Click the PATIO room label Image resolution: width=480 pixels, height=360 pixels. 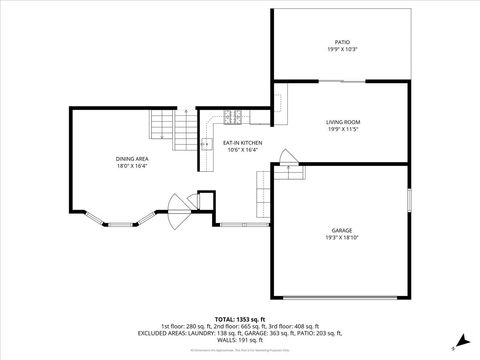coord(342,42)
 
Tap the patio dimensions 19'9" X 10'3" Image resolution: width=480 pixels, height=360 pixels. coord(342,49)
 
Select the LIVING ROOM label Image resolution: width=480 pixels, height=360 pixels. coord(342,122)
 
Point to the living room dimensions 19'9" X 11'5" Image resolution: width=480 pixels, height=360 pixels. coord(342,129)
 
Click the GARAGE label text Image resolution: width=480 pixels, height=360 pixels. coord(342,230)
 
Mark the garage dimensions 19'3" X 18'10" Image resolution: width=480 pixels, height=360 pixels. coord(342,237)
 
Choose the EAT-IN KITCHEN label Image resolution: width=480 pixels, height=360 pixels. coord(243,143)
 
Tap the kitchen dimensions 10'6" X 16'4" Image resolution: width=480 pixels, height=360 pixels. coord(243,150)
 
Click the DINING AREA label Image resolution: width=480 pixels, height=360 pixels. coord(132,158)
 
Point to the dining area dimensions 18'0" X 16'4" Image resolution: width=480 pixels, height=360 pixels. coord(132,165)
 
